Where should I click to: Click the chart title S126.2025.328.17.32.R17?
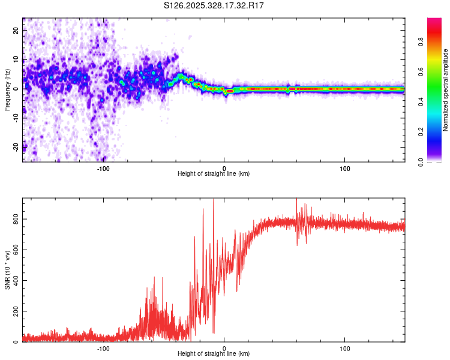[214, 5]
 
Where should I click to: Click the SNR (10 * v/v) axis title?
[7, 270]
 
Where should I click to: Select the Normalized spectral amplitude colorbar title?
[446, 90]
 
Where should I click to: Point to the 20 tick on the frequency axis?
[16, 31]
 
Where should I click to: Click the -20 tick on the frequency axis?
[15, 146]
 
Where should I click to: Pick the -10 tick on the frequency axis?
[15, 118]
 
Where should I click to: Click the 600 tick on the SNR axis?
[14, 250]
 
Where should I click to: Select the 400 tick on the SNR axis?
[14, 281]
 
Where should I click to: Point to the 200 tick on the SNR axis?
[14, 312]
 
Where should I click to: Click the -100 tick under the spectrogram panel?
[103, 169]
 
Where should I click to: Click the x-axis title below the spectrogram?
[214, 174]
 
